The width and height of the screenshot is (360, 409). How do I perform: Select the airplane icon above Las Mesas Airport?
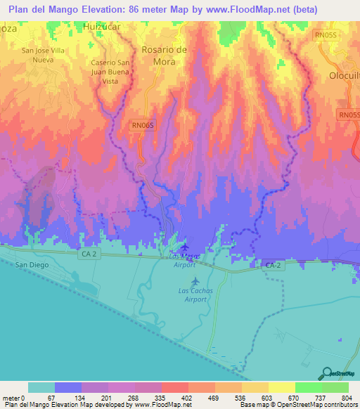184,247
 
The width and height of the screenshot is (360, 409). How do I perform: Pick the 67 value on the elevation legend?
55,398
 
